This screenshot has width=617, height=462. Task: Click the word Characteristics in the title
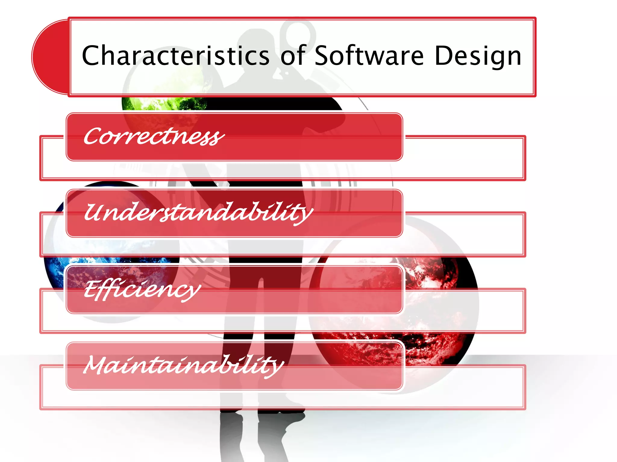pos(176,56)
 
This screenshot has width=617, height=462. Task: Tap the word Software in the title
pos(369,56)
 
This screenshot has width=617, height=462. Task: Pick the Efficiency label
pos(142,289)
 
